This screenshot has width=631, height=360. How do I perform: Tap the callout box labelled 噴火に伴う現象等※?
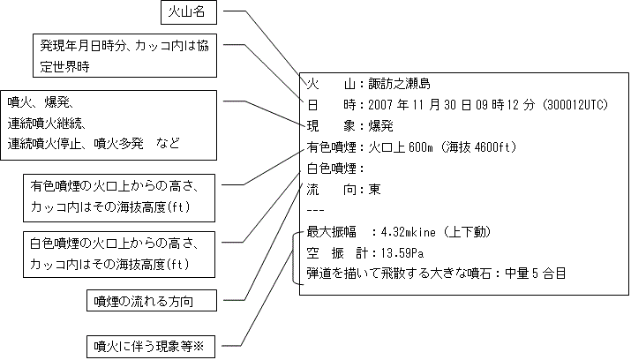(x=154, y=345)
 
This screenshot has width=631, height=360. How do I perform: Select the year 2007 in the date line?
(x=372, y=105)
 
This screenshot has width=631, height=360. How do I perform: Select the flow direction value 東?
(x=374, y=189)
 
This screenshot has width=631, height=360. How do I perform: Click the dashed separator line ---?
(x=315, y=210)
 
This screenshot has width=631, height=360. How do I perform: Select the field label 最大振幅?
(x=330, y=231)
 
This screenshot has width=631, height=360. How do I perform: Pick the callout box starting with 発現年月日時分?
(x=124, y=55)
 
